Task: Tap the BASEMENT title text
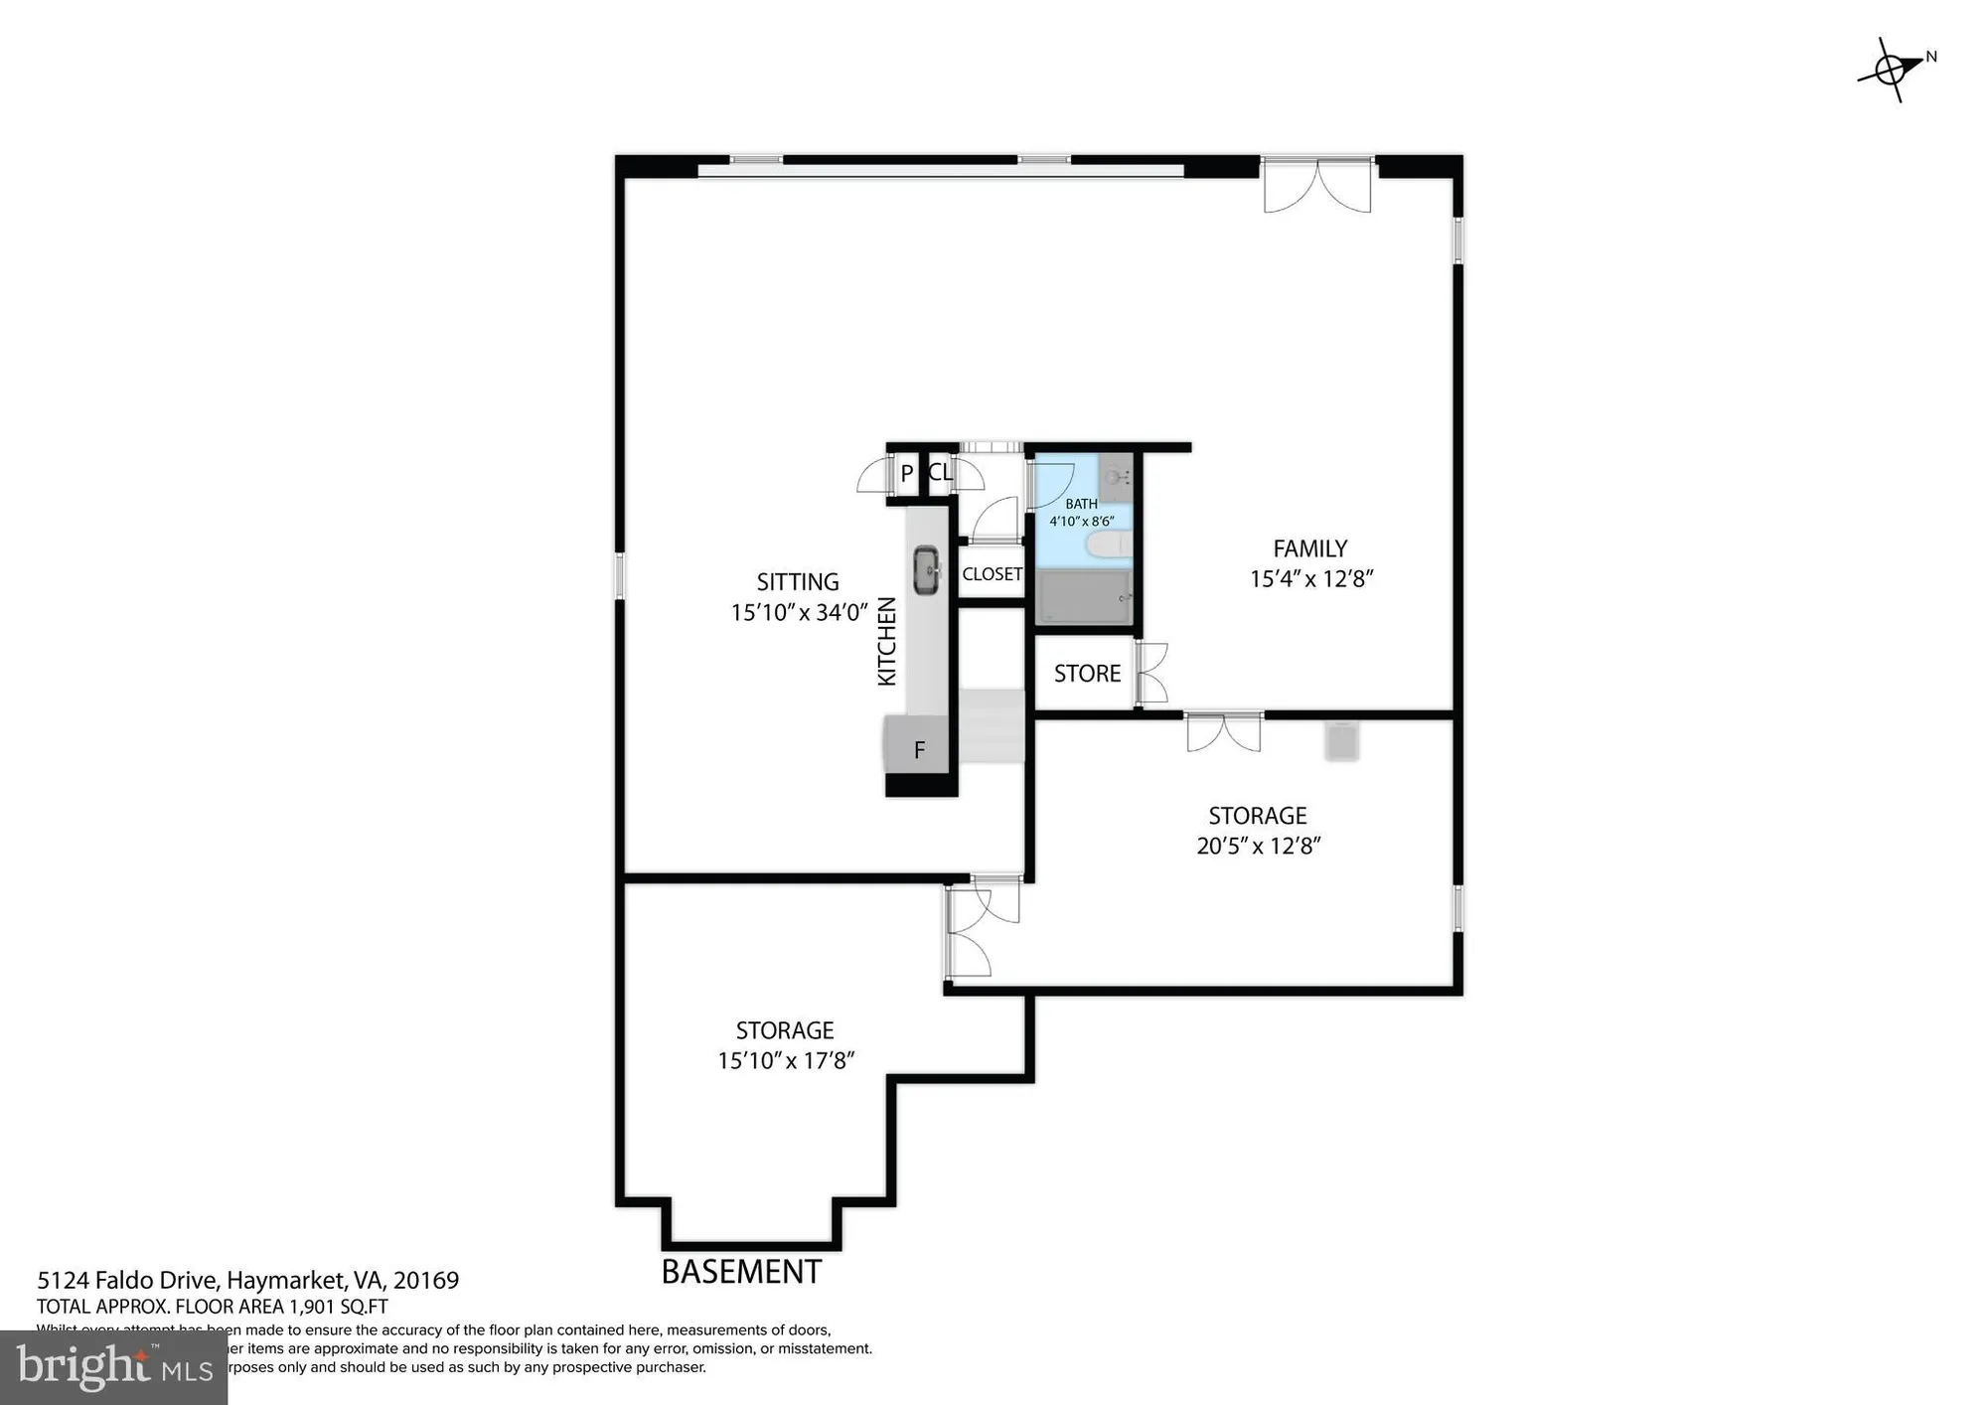pyautogui.click(x=741, y=1272)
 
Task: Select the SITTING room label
pyautogui.click(x=798, y=582)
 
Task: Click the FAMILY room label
pyautogui.click(x=1310, y=548)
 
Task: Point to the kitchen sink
pyautogui.click(x=926, y=570)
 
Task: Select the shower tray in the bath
pyautogui.click(x=1083, y=597)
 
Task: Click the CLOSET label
pyautogui.click(x=992, y=574)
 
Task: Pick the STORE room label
pyautogui.click(x=1087, y=674)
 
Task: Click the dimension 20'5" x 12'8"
pyautogui.click(x=1258, y=846)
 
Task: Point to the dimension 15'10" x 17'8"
pyautogui.click(x=785, y=1060)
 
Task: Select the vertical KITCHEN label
pyautogui.click(x=887, y=641)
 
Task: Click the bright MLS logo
pyautogui.click(x=114, y=1367)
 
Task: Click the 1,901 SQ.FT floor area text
pyautogui.click(x=338, y=1307)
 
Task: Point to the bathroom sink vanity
pyautogui.click(x=1116, y=475)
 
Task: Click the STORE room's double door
pyautogui.click(x=1150, y=674)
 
